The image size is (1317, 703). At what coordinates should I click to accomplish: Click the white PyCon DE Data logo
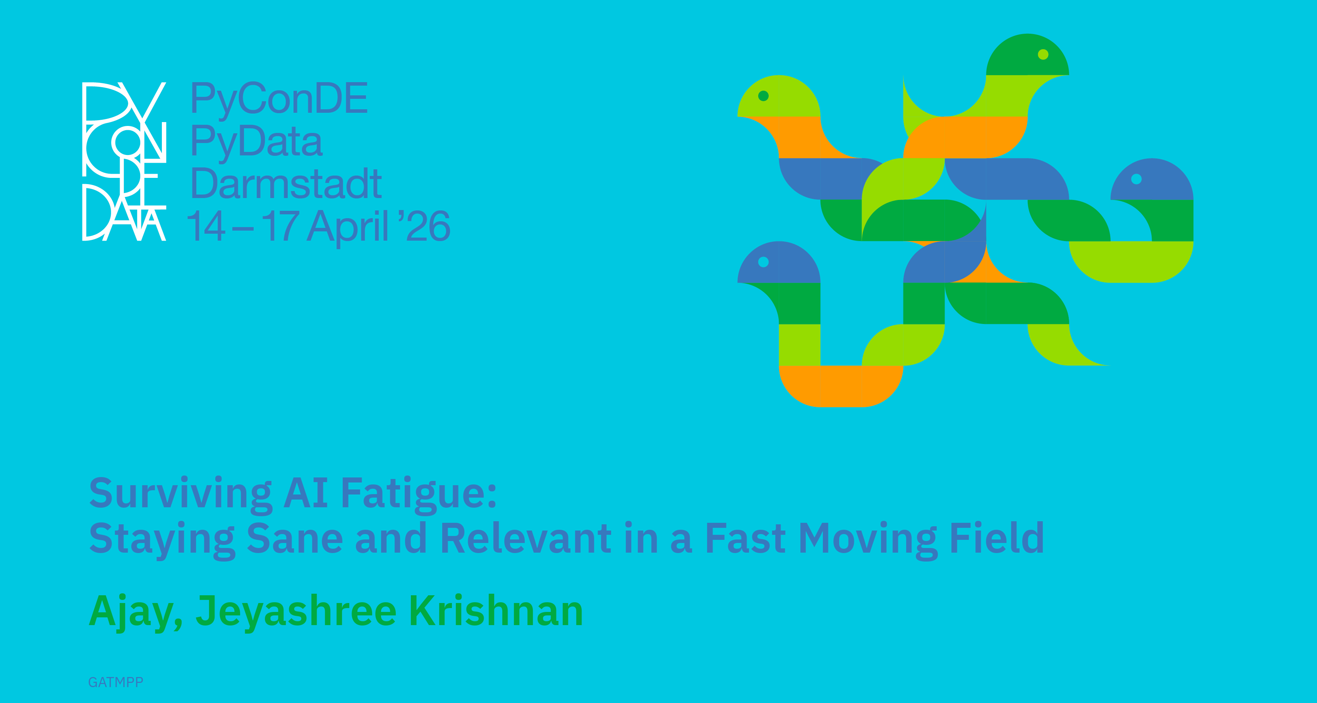click(124, 161)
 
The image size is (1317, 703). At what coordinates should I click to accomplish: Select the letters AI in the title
click(306, 492)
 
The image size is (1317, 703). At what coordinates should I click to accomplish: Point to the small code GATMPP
click(115, 682)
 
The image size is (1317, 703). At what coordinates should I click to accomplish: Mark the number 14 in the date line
click(206, 226)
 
